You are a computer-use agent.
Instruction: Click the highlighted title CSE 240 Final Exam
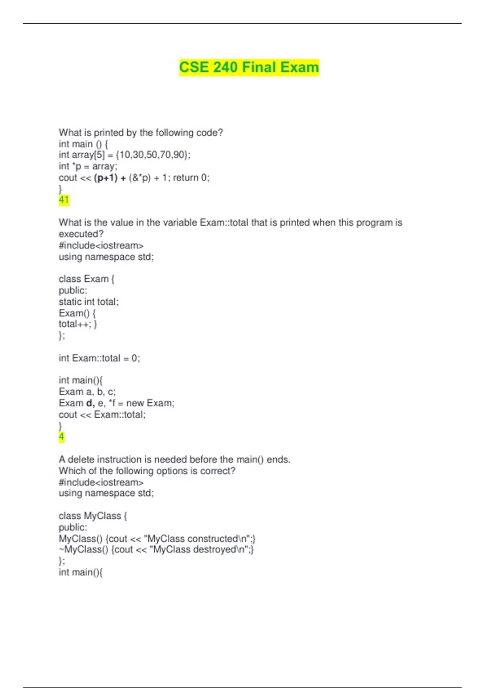pyautogui.click(x=249, y=67)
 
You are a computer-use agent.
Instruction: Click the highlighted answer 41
pyautogui.click(x=64, y=200)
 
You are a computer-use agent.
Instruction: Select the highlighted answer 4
pyautogui.click(x=61, y=437)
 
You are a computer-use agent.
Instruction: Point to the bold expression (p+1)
pyautogui.click(x=105, y=178)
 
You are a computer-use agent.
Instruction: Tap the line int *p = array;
pyautogui.click(x=88, y=166)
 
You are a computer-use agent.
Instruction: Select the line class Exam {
pyautogui.click(x=86, y=279)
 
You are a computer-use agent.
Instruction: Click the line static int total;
pyautogui.click(x=89, y=302)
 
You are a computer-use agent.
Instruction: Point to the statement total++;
pyautogui.click(x=74, y=324)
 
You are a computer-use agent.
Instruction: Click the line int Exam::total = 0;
pyautogui.click(x=99, y=358)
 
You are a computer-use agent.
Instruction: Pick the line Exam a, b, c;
pyautogui.click(x=87, y=392)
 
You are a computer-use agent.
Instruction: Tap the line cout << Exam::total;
pyautogui.click(x=102, y=415)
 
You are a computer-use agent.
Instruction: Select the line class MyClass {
pyautogui.click(x=93, y=516)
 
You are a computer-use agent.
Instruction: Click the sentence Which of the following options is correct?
pyautogui.click(x=147, y=471)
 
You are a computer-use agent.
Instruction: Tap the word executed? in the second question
pyautogui.click(x=81, y=234)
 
